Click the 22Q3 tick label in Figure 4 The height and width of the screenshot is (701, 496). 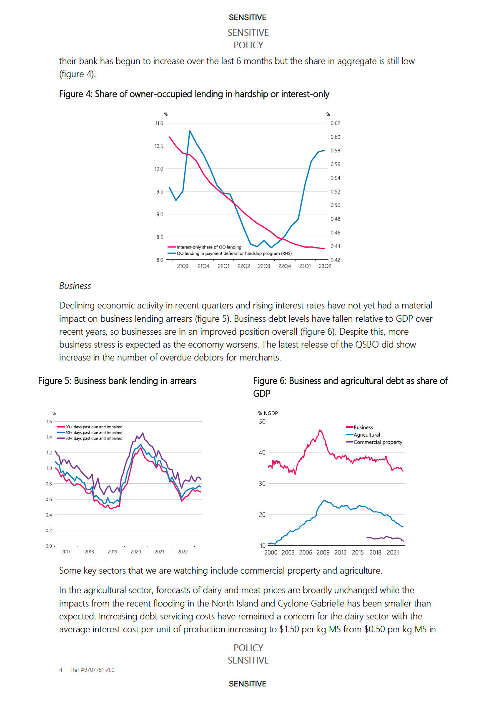264,266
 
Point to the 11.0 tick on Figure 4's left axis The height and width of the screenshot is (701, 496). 159,124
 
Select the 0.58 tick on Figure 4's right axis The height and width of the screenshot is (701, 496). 335,151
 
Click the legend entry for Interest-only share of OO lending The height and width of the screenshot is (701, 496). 208,247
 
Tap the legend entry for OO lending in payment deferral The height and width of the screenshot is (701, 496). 234,254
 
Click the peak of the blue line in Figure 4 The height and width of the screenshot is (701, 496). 190,131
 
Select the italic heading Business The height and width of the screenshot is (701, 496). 75,286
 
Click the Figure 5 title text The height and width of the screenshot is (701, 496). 117,381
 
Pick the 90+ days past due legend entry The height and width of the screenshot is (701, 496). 94,427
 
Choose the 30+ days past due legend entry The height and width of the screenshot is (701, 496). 94,439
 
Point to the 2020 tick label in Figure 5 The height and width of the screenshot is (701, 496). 136,552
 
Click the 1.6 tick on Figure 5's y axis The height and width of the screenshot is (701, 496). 49,422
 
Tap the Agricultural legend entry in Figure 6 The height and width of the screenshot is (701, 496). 367,435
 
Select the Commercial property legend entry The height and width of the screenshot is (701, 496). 378,442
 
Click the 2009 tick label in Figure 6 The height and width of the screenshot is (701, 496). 323,553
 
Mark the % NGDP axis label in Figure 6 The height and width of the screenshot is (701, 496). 268,413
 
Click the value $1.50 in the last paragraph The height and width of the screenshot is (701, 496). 289,629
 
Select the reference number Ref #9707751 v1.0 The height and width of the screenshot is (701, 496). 93,670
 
